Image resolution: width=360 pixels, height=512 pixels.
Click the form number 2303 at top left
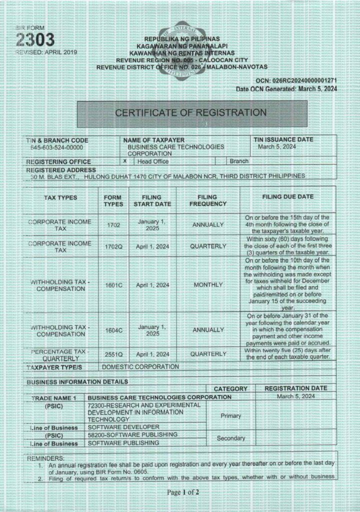(x=35, y=40)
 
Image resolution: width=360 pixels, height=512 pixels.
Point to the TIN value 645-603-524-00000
(x=56, y=148)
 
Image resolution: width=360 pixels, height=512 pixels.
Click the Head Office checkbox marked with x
(x=124, y=161)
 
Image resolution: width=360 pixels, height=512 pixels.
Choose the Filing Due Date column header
(x=288, y=197)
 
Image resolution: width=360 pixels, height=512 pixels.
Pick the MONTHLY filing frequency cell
(x=207, y=285)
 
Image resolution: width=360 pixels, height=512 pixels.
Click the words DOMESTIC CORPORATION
(x=140, y=366)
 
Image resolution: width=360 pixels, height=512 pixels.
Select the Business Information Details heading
(x=77, y=381)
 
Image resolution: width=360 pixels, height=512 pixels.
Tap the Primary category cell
(x=230, y=415)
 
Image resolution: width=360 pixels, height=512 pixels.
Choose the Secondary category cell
(x=230, y=438)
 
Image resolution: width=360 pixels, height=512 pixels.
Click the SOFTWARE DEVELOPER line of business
(x=123, y=427)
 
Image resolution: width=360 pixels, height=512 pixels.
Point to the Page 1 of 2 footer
(x=183, y=492)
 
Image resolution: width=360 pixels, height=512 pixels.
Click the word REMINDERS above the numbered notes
(x=45, y=458)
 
